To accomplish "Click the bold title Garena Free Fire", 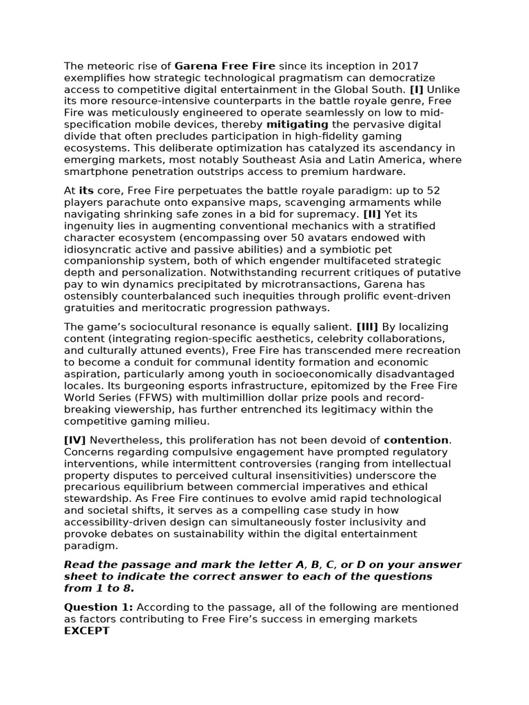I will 225,67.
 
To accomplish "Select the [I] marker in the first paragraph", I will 416,90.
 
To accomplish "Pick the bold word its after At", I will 86,190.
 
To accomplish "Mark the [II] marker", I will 371,213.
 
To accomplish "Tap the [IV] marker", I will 75,440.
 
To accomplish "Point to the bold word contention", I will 415,440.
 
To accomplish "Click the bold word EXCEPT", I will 87,631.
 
